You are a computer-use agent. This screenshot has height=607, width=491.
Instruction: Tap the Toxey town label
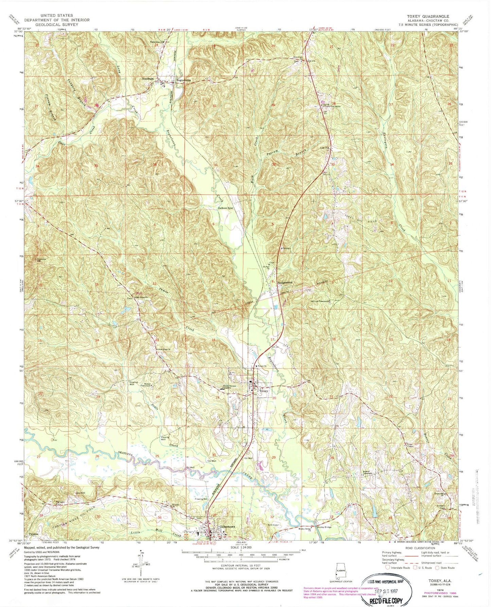pyautogui.click(x=264, y=391)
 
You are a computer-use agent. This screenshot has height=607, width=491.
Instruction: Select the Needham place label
pyautogui.click(x=148, y=79)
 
